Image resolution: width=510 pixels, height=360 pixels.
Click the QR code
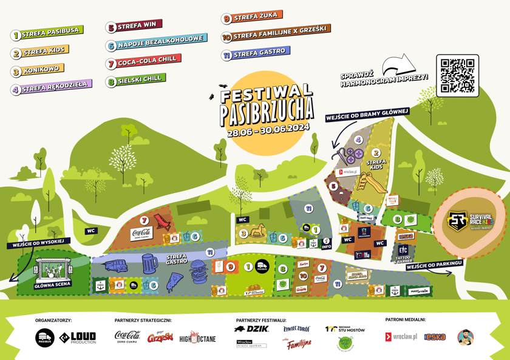point(457,76)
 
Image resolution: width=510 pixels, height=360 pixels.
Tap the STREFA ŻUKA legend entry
point(252,18)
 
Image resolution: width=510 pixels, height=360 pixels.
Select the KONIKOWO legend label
point(37,70)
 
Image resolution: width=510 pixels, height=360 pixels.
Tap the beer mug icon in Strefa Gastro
point(149,264)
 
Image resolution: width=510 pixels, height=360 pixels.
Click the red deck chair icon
point(162,223)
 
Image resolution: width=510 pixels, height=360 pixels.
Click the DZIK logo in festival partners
point(253,329)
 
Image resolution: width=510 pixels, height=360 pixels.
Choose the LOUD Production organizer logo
point(78,338)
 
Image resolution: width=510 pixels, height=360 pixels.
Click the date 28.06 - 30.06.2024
point(268,130)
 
